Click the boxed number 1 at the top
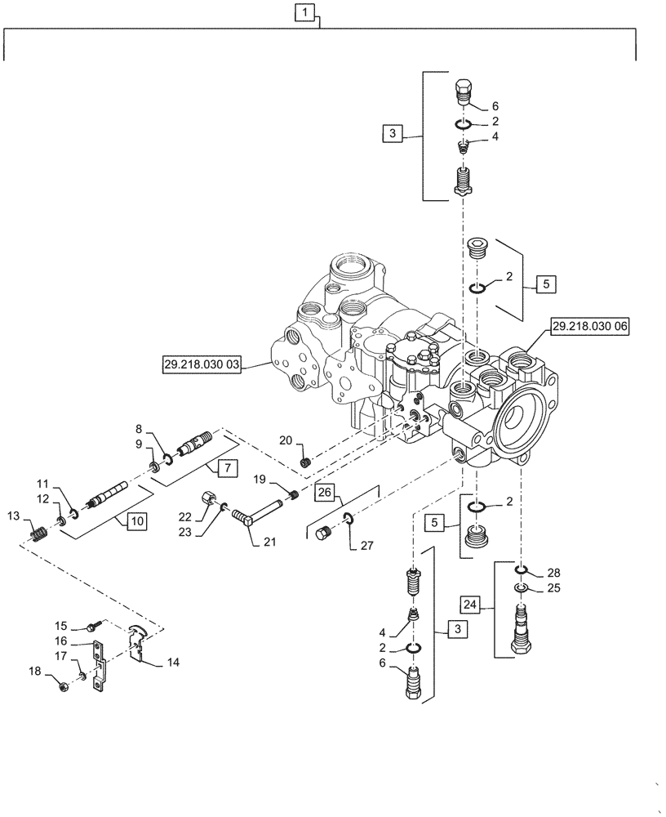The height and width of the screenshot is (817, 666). point(304,13)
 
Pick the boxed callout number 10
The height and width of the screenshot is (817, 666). point(135,520)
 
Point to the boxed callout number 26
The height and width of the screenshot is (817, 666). point(324,493)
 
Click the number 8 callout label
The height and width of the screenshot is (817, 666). point(138,428)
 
